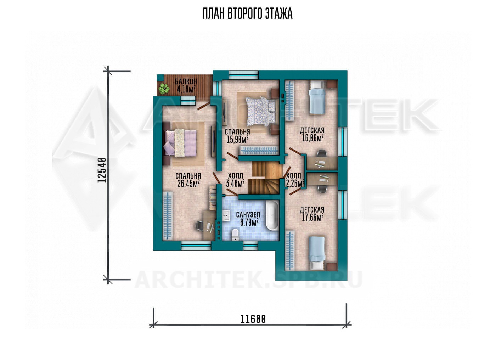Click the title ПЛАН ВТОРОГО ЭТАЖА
pyautogui.click(x=248, y=14)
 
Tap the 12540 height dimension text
pyautogui.click(x=102, y=170)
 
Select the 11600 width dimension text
pyautogui.click(x=253, y=319)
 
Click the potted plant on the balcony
pyautogui.click(x=164, y=89)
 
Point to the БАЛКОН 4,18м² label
pyautogui.click(x=186, y=85)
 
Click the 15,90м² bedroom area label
pyautogui.click(x=237, y=139)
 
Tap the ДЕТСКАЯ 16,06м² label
pyautogui.click(x=312, y=134)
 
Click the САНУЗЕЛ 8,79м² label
pyautogui.click(x=248, y=219)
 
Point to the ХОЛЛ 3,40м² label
pyautogui.click(x=235, y=180)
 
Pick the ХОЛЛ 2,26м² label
pyautogui.click(x=295, y=180)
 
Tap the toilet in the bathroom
pyautogui.click(x=235, y=235)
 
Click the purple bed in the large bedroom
pyautogui.click(x=180, y=143)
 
